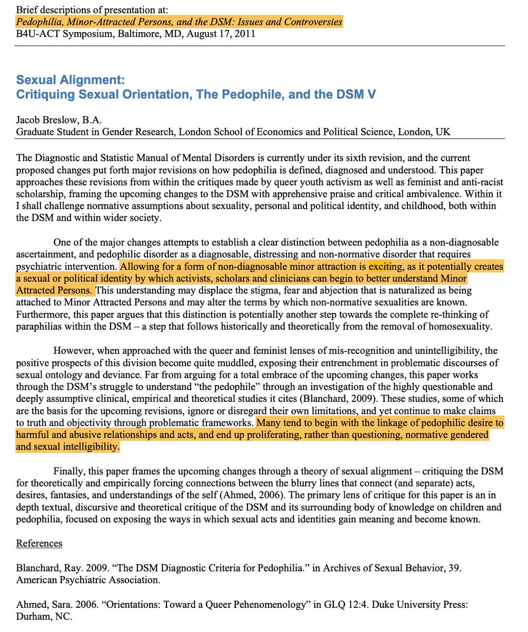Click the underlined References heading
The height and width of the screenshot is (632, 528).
point(39,543)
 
